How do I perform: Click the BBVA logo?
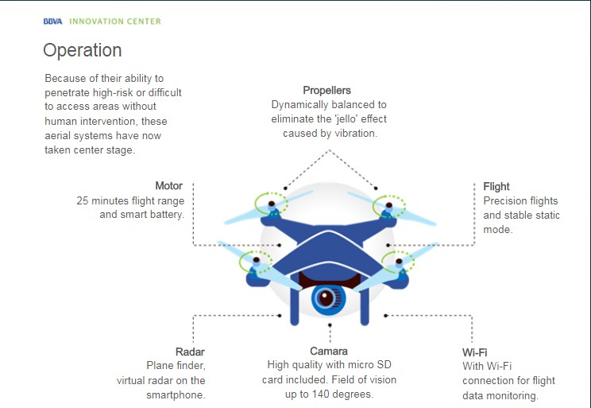pyautogui.click(x=52, y=21)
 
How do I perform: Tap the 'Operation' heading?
pyautogui.click(x=82, y=51)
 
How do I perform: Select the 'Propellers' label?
pyautogui.click(x=326, y=90)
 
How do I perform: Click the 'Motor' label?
pyautogui.click(x=169, y=185)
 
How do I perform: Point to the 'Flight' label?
pyautogui.click(x=496, y=187)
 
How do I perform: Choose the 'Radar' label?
pyautogui.click(x=190, y=352)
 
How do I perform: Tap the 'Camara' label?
pyautogui.click(x=329, y=352)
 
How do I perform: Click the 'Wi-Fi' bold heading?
pyautogui.click(x=474, y=352)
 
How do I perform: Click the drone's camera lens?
pyautogui.click(x=327, y=297)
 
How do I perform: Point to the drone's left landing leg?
pyautogui.click(x=295, y=304)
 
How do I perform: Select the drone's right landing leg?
pyautogui.click(x=364, y=304)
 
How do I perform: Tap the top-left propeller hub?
pyautogui.click(x=272, y=204)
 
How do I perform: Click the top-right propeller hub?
pyautogui.click(x=389, y=206)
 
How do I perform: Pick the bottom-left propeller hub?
pyautogui.click(x=257, y=259)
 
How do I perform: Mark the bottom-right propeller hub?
pyautogui.click(x=399, y=261)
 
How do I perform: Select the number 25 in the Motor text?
pyautogui.click(x=82, y=200)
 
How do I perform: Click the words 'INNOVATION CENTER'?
pyautogui.click(x=115, y=21)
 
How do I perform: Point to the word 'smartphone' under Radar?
pyautogui.click(x=175, y=395)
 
